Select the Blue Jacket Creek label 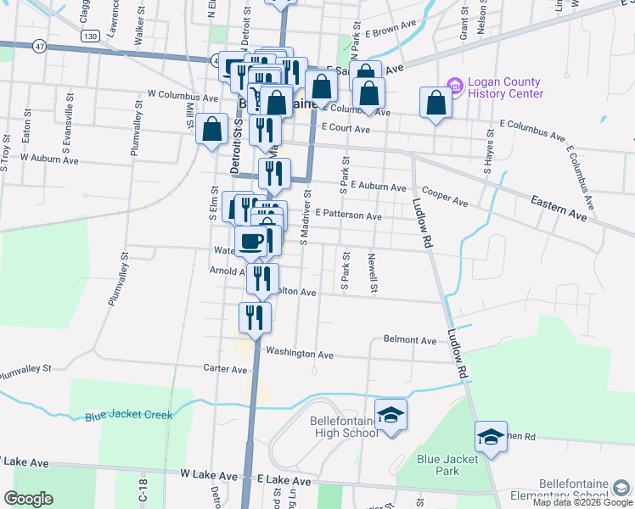click(128, 416)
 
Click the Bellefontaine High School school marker click(391, 416)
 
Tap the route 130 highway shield click(91, 36)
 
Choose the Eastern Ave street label click(559, 209)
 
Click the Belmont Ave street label click(410, 340)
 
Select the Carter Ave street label click(225, 368)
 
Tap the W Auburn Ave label click(49, 159)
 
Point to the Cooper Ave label click(445, 198)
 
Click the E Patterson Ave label click(348, 215)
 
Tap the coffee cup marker click(252, 242)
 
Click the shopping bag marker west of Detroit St click(211, 131)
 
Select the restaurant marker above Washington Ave click(255, 317)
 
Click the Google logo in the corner click(28, 500)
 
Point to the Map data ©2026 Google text click(582, 502)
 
